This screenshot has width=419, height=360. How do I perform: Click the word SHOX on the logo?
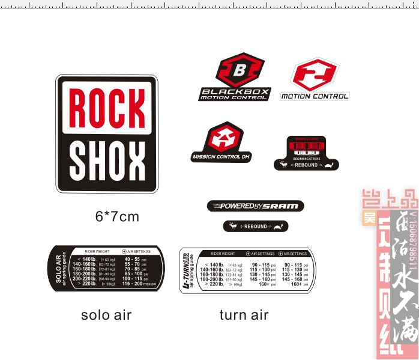pyautogui.click(x=107, y=159)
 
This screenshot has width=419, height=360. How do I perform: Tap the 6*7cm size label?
pyautogui.click(x=117, y=216)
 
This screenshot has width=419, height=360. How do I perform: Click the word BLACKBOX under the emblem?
pyautogui.click(x=235, y=91)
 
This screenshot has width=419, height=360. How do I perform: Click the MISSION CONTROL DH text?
pyautogui.click(x=220, y=157)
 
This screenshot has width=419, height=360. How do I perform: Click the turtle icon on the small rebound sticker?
pyautogui.click(x=278, y=227)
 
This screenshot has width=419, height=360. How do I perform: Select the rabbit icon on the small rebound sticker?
pyautogui.click(x=232, y=227)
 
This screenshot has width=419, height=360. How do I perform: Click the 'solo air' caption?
pyautogui.click(x=106, y=315)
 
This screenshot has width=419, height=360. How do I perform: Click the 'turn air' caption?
pyautogui.click(x=244, y=315)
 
